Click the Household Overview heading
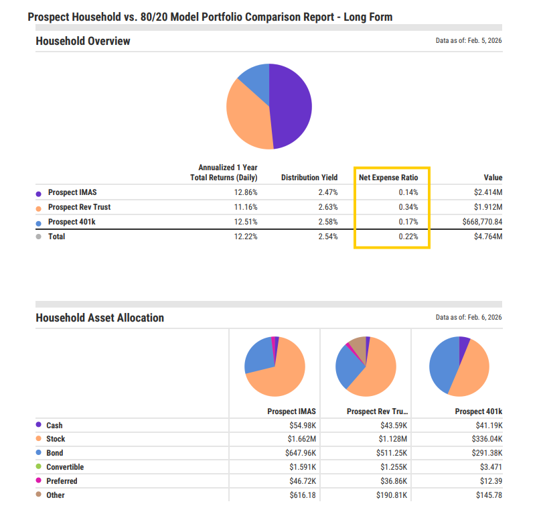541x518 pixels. point(83,41)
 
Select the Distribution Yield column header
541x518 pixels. point(309,178)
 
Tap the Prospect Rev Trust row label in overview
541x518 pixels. point(80,207)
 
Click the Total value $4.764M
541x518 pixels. point(488,237)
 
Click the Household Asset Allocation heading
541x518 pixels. point(100,318)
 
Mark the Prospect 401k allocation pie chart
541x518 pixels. point(459,366)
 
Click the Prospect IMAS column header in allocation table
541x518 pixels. point(291,411)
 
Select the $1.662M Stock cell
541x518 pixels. point(301,440)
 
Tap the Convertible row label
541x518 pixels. point(65,467)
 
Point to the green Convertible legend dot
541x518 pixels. point(38,467)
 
